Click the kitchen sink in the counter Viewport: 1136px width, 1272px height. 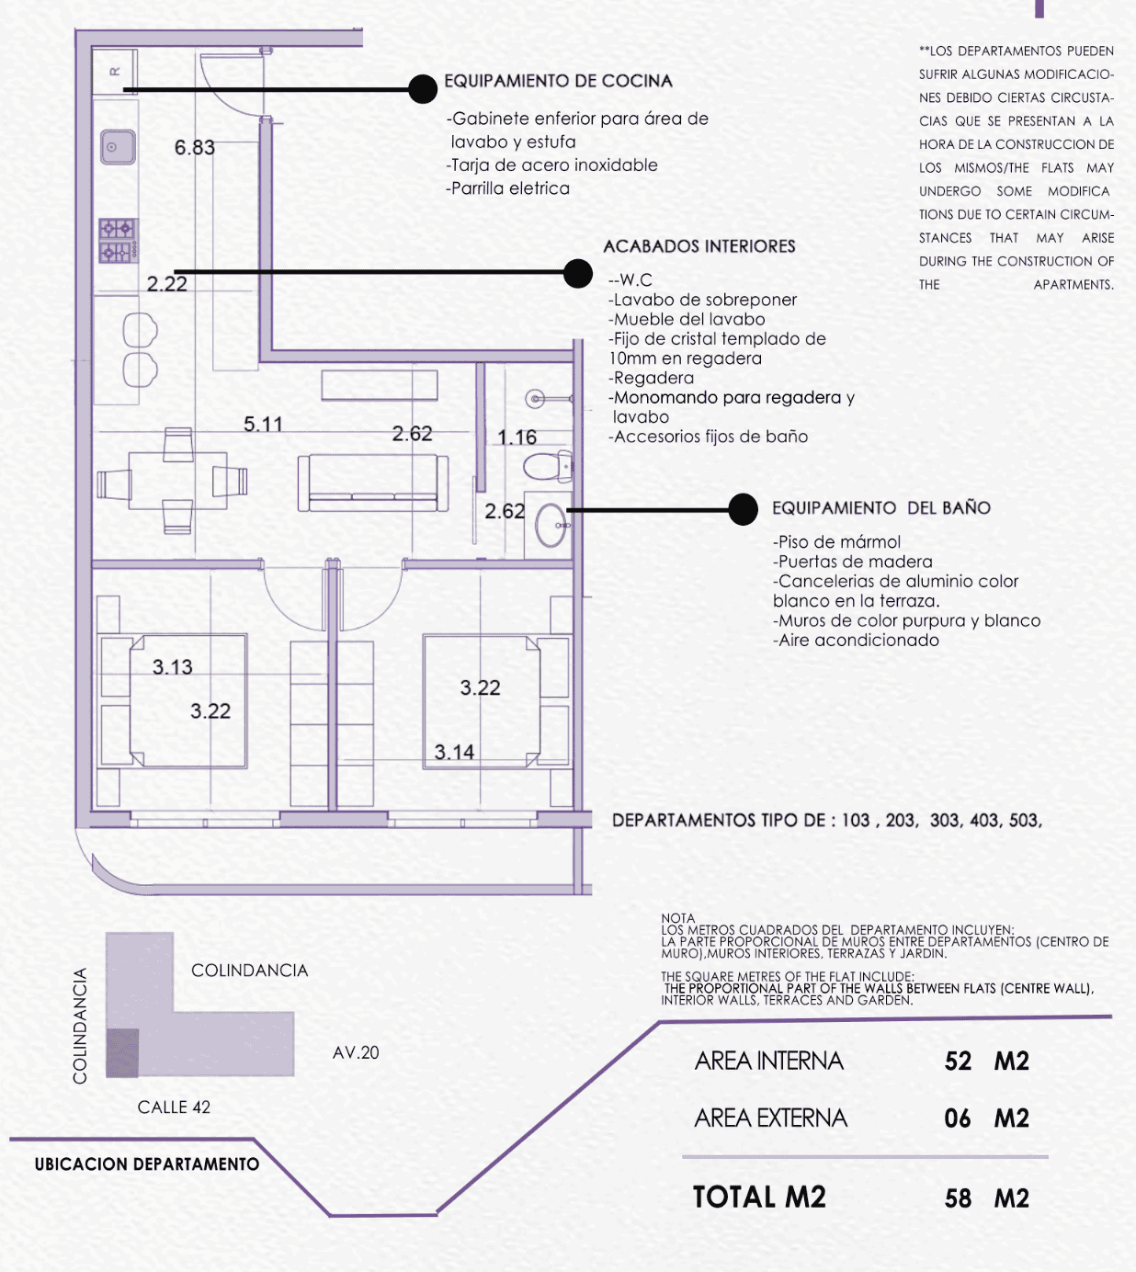(x=118, y=147)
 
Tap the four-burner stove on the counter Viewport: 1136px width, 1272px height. (x=119, y=240)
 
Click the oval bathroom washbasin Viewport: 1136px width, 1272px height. (x=552, y=525)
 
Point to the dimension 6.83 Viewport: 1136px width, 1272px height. (x=195, y=148)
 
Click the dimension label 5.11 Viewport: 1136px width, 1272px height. (x=263, y=425)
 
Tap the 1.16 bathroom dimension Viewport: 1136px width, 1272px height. (x=517, y=437)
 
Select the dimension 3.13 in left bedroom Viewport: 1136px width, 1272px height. (x=173, y=667)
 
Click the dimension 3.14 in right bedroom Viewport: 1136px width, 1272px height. (x=454, y=753)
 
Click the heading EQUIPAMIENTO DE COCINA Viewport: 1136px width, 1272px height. (x=558, y=81)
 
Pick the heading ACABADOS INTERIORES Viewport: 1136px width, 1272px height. (x=699, y=246)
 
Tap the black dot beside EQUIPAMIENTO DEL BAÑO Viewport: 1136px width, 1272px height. (x=743, y=509)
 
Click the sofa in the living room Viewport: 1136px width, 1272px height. (x=373, y=483)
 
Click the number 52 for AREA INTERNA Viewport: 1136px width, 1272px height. (x=958, y=1062)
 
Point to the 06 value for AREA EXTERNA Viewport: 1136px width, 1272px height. (x=958, y=1119)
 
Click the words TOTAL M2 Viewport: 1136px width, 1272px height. (x=759, y=1198)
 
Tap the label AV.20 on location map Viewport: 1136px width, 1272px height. (x=356, y=1053)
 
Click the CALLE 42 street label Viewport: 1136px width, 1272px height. (x=174, y=1107)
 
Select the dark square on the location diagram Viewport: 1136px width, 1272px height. (x=122, y=1053)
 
